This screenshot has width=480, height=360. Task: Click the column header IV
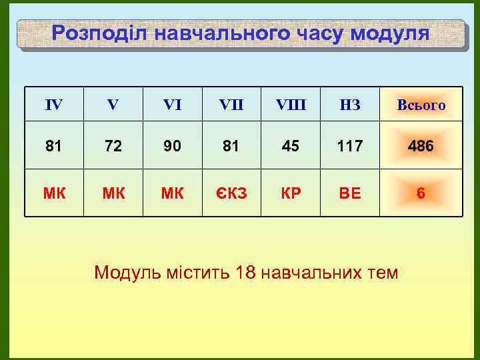click(54, 104)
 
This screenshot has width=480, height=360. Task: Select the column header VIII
click(290, 104)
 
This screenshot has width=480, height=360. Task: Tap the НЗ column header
click(350, 104)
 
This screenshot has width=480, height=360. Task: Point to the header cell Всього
click(421, 105)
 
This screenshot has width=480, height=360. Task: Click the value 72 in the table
click(113, 145)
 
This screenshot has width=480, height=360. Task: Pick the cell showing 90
click(172, 145)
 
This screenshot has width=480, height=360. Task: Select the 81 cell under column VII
click(231, 145)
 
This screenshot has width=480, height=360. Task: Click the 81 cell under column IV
click(54, 145)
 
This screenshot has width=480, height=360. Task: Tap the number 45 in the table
click(290, 145)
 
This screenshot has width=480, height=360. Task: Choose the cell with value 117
click(350, 145)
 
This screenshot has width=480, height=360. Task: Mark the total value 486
click(421, 145)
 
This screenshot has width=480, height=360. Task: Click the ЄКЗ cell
click(231, 193)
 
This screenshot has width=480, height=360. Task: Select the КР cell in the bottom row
click(290, 193)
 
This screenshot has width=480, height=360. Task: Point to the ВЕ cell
click(350, 193)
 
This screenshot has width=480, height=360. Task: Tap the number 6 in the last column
click(421, 193)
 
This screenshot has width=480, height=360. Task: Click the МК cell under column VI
click(172, 193)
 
